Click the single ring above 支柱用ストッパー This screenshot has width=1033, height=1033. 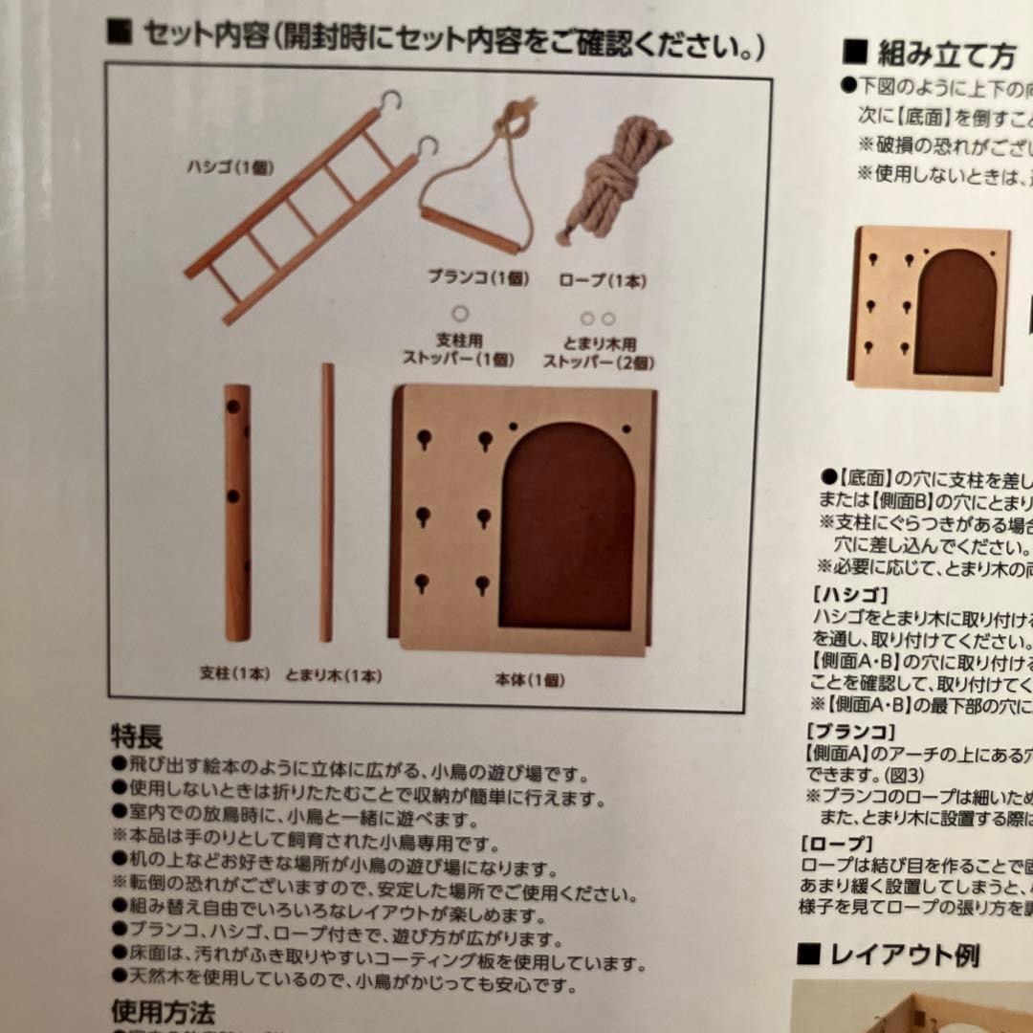(461, 313)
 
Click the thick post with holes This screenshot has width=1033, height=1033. (237, 513)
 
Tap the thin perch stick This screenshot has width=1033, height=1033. (327, 502)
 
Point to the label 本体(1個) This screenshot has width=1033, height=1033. (529, 680)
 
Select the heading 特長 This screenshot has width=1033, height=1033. (137, 736)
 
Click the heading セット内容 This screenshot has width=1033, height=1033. (201, 39)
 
